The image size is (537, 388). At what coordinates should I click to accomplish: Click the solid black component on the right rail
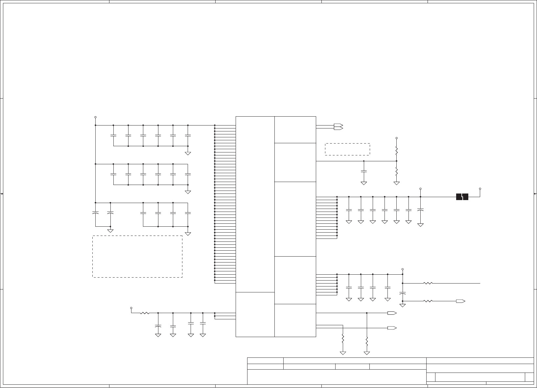(462, 197)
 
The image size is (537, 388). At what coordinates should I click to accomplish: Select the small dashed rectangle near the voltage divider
(347, 149)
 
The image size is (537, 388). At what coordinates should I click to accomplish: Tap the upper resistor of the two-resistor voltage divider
(397, 151)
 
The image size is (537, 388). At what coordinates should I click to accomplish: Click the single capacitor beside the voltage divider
(364, 171)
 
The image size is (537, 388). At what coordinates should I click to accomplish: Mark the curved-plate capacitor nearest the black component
(420, 210)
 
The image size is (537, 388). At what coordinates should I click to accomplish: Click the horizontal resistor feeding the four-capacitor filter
(145, 313)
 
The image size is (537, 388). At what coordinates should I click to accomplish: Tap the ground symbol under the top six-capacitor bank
(188, 153)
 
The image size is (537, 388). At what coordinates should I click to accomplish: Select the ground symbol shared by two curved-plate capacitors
(110, 231)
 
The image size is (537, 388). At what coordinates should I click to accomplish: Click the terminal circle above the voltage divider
(397, 138)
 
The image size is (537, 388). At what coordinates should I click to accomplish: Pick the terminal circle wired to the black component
(480, 189)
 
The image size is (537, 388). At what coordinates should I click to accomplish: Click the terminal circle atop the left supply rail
(95, 117)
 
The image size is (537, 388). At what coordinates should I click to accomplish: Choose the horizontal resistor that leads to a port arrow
(428, 301)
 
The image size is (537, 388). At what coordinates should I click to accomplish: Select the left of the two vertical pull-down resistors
(343, 338)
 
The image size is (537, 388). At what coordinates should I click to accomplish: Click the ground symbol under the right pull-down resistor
(367, 353)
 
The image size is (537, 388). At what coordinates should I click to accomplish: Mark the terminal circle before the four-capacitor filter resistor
(131, 308)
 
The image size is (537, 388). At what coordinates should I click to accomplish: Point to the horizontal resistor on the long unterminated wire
(428, 283)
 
